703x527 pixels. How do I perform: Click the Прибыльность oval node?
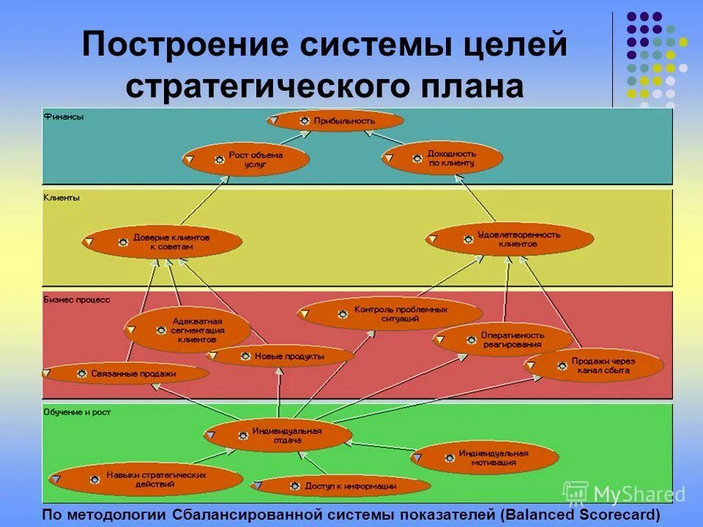[x=336, y=121]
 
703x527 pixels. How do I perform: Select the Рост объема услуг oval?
[x=246, y=160]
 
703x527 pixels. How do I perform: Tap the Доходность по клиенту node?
[x=442, y=158]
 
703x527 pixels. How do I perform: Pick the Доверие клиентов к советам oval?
[x=163, y=242]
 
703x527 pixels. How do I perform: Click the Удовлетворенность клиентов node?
[x=510, y=239]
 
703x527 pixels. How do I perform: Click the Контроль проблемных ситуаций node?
[x=390, y=314]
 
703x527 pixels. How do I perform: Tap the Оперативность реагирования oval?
[x=503, y=340]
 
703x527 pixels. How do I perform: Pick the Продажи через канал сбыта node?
[x=593, y=366]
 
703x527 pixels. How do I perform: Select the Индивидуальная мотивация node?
[x=485, y=457]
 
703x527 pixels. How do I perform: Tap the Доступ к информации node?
[x=341, y=485]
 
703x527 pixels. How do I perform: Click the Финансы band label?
[x=64, y=116]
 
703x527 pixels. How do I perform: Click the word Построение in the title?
[x=187, y=45]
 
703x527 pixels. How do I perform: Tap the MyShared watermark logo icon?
[x=576, y=493]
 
